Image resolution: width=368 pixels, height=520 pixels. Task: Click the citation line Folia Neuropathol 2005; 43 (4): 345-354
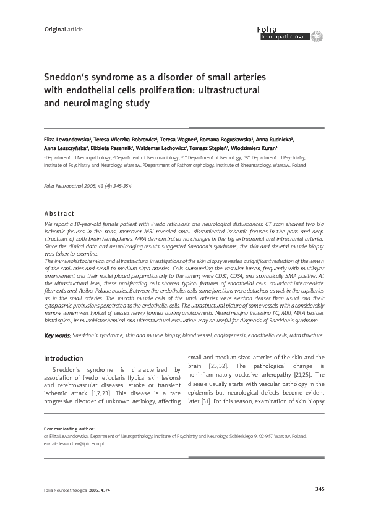pyautogui.click(x=87, y=186)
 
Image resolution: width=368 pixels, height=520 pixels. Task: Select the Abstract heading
pyautogui.click(x=59, y=213)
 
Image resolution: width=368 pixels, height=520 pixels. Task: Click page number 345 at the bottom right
pyautogui.click(x=319, y=490)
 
